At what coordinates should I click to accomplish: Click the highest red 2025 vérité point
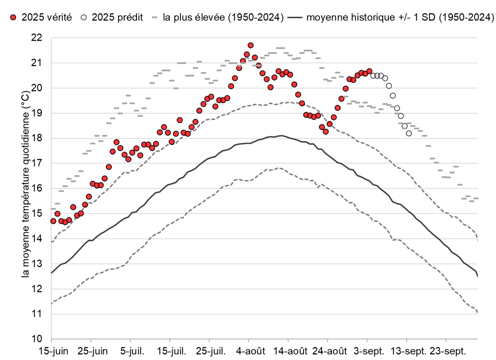pos(250,45)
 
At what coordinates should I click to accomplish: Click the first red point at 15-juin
pos(53,221)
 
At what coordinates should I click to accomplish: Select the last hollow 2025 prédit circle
pos(409,133)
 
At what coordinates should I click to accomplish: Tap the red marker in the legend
pos(13,17)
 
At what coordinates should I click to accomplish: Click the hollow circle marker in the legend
pos(84,17)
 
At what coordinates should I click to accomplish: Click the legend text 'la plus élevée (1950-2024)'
pos(223,17)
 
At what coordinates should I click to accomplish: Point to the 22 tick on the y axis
pos(37,38)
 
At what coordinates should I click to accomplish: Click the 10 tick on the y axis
pos(37,339)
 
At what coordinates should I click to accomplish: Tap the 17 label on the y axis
pos(37,163)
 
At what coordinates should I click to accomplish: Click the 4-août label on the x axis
pos(250,351)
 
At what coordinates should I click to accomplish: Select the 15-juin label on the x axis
pos(53,351)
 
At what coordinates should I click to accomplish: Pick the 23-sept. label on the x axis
pos(447,351)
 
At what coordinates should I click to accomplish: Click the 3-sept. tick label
pos(369,351)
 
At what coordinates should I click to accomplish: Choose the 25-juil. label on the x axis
pos(211,351)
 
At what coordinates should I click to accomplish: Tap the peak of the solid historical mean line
pos(282,135)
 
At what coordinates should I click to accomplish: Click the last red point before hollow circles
pos(369,71)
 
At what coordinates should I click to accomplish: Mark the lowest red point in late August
pos(325,132)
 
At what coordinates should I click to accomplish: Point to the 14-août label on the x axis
pos(290,351)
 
